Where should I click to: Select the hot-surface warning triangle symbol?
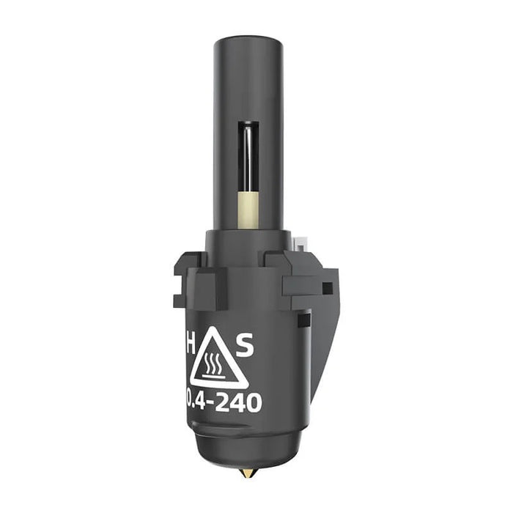(217, 361)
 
